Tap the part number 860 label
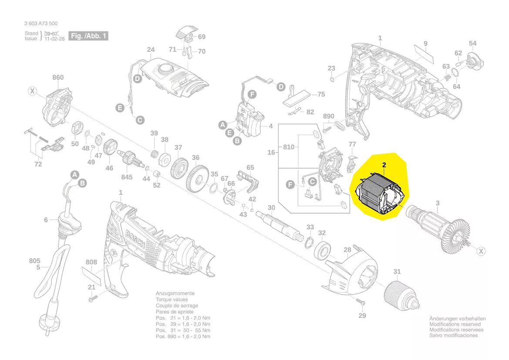pyautogui.click(x=58, y=78)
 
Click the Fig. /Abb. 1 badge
pyautogui.click(x=88, y=36)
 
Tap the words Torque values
pyautogui.click(x=172, y=300)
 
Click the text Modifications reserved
pyautogui.click(x=455, y=324)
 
